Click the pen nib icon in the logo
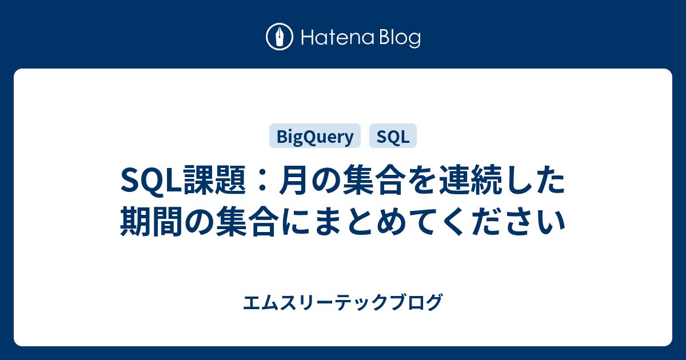click(280, 38)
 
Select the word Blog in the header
click(399, 38)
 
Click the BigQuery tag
click(315, 136)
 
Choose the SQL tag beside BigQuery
click(393, 136)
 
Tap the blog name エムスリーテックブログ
click(342, 301)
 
